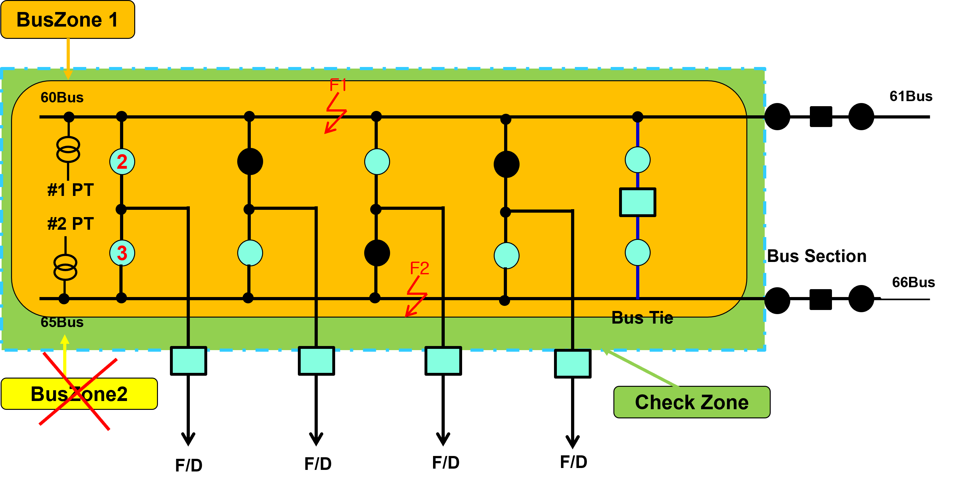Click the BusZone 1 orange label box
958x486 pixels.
pos(68,19)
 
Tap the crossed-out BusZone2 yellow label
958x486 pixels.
pos(79,394)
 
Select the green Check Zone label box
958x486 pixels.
pos(691,402)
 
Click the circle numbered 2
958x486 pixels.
pos(122,161)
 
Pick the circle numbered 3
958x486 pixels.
pos(122,253)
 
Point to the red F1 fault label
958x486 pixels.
pos(338,85)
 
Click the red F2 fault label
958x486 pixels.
pos(419,268)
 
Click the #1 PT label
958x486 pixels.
pos(71,190)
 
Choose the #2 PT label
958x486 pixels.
pos(71,224)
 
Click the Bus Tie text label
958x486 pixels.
pos(642,318)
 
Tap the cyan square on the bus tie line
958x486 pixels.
pos(637,202)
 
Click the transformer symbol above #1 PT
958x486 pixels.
pos(68,149)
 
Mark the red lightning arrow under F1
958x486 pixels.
pos(336,113)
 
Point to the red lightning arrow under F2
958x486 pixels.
pos(416,297)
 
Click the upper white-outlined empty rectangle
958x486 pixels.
pos(916,96)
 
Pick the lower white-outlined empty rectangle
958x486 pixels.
pos(919,282)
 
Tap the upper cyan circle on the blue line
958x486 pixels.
pos(637,160)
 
